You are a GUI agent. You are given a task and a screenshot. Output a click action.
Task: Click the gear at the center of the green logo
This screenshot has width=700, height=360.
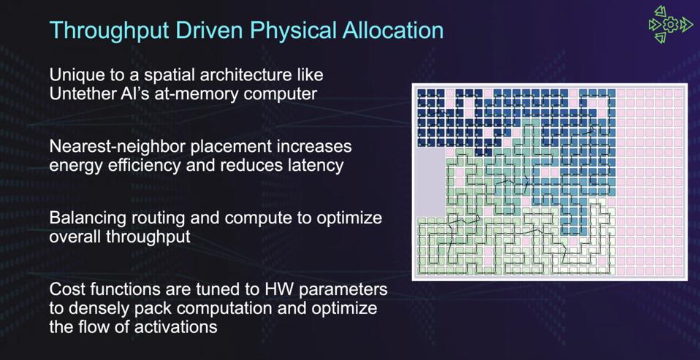click(x=670, y=25)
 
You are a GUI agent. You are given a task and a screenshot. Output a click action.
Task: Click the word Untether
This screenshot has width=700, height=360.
click(x=83, y=93)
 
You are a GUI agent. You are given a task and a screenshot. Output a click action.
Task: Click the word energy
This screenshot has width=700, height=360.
click(x=75, y=165)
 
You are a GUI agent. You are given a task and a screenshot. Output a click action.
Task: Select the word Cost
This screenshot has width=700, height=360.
click(x=66, y=289)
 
